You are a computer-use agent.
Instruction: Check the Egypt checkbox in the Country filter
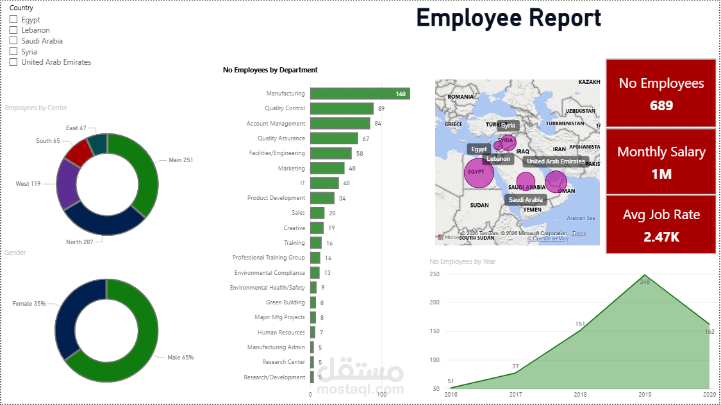[13, 20]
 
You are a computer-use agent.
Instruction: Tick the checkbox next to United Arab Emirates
[13, 62]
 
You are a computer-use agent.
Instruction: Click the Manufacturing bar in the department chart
[359, 94]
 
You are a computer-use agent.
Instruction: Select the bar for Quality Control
[342, 108]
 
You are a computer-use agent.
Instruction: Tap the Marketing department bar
[327, 168]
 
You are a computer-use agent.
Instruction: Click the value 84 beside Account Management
[378, 124]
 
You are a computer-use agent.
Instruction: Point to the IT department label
[302, 183]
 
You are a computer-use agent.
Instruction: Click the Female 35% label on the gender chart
[29, 303]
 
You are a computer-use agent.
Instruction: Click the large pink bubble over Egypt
[479, 174]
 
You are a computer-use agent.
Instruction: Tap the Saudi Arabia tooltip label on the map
[525, 200]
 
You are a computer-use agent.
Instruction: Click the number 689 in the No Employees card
[661, 105]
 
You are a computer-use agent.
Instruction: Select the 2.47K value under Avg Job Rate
[661, 236]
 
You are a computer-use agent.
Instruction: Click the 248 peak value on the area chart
[645, 281]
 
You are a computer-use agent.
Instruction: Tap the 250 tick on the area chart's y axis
[435, 274]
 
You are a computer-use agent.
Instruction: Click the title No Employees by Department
[270, 70]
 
